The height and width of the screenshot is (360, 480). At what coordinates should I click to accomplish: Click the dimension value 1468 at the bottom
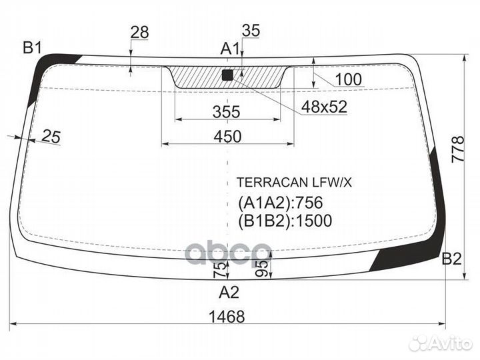point(226,317)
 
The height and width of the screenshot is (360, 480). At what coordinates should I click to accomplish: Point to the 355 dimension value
point(226,112)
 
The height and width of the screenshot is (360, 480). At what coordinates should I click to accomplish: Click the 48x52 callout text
point(324,107)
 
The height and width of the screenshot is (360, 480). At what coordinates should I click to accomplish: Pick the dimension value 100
point(348,80)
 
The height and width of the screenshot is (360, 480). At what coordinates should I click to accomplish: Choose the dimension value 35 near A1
point(251,30)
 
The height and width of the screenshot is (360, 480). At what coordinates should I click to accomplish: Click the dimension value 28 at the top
point(139,31)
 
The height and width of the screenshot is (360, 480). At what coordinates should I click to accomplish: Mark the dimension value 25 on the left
point(51,137)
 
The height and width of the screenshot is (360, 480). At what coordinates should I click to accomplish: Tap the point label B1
point(32,47)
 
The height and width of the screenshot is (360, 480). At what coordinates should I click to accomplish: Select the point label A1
point(230,48)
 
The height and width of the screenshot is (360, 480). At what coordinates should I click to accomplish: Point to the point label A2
point(228,291)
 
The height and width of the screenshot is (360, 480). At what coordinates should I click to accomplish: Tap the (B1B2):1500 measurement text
point(285,221)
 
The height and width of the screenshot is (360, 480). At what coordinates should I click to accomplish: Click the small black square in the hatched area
point(227,75)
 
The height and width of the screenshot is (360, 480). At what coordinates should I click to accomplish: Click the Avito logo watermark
point(441,343)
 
